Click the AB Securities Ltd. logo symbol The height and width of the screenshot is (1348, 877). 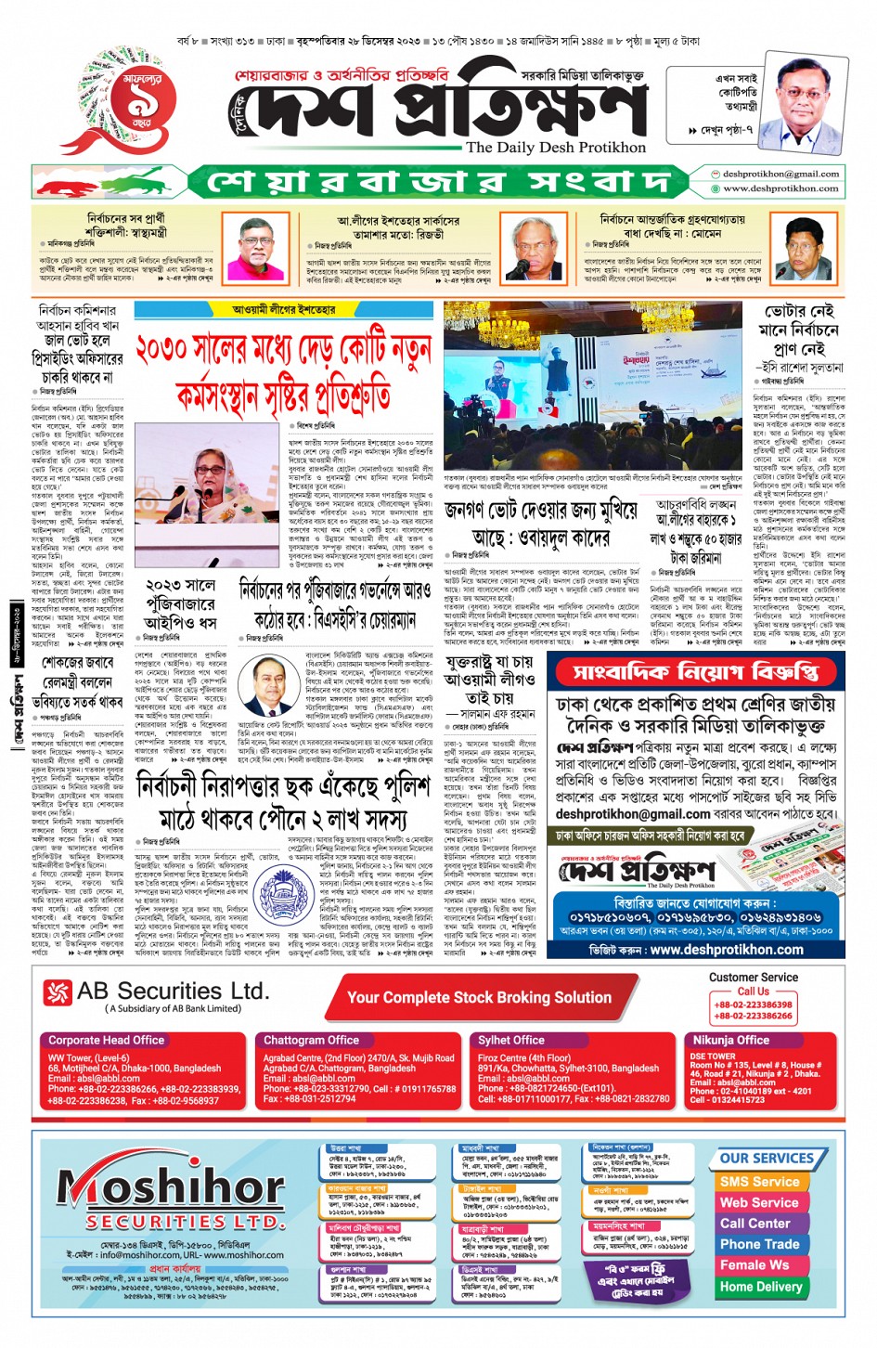[x=58, y=992]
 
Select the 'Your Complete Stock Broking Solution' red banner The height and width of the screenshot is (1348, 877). [x=479, y=997]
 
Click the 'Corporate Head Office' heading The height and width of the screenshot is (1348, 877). [x=106, y=1040]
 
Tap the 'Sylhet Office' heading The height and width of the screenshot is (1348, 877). [x=511, y=1040]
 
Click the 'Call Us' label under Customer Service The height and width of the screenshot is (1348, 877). [x=753, y=991]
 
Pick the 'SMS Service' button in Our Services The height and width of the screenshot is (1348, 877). [x=759, y=1182]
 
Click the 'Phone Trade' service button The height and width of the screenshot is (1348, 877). [x=759, y=1244]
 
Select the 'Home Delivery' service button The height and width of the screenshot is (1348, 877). [x=761, y=1286]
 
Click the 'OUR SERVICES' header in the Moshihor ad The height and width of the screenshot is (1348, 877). [x=767, y=1158]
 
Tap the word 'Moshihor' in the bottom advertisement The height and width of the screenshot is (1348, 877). [x=172, y=1188]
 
